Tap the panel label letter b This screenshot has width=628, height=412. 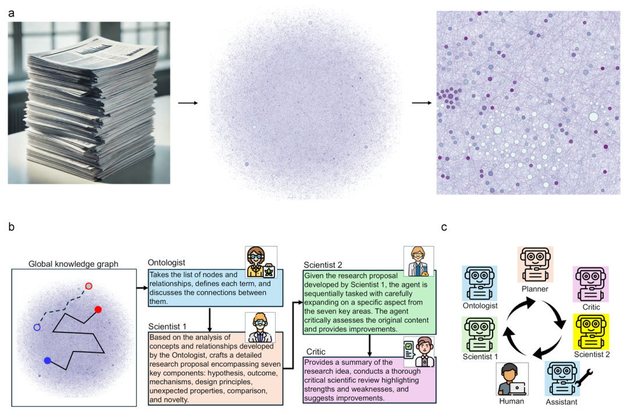(x=12, y=227)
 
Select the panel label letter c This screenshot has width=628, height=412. (x=444, y=227)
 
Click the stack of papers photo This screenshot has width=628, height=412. (x=89, y=103)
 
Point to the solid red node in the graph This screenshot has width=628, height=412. (x=98, y=310)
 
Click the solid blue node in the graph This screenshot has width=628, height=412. (x=48, y=361)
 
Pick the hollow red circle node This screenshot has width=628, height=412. (x=88, y=286)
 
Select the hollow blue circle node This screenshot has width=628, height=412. (x=37, y=327)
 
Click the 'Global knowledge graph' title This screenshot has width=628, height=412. (x=73, y=264)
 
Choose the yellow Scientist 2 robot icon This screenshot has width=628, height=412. (x=590, y=331)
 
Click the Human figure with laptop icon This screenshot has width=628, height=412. (x=512, y=379)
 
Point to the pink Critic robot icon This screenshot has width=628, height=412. (x=590, y=283)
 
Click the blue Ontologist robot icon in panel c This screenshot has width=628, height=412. (x=479, y=283)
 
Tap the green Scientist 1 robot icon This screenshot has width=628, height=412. (x=479, y=333)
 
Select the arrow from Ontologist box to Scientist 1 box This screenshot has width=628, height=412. (x=209, y=318)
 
